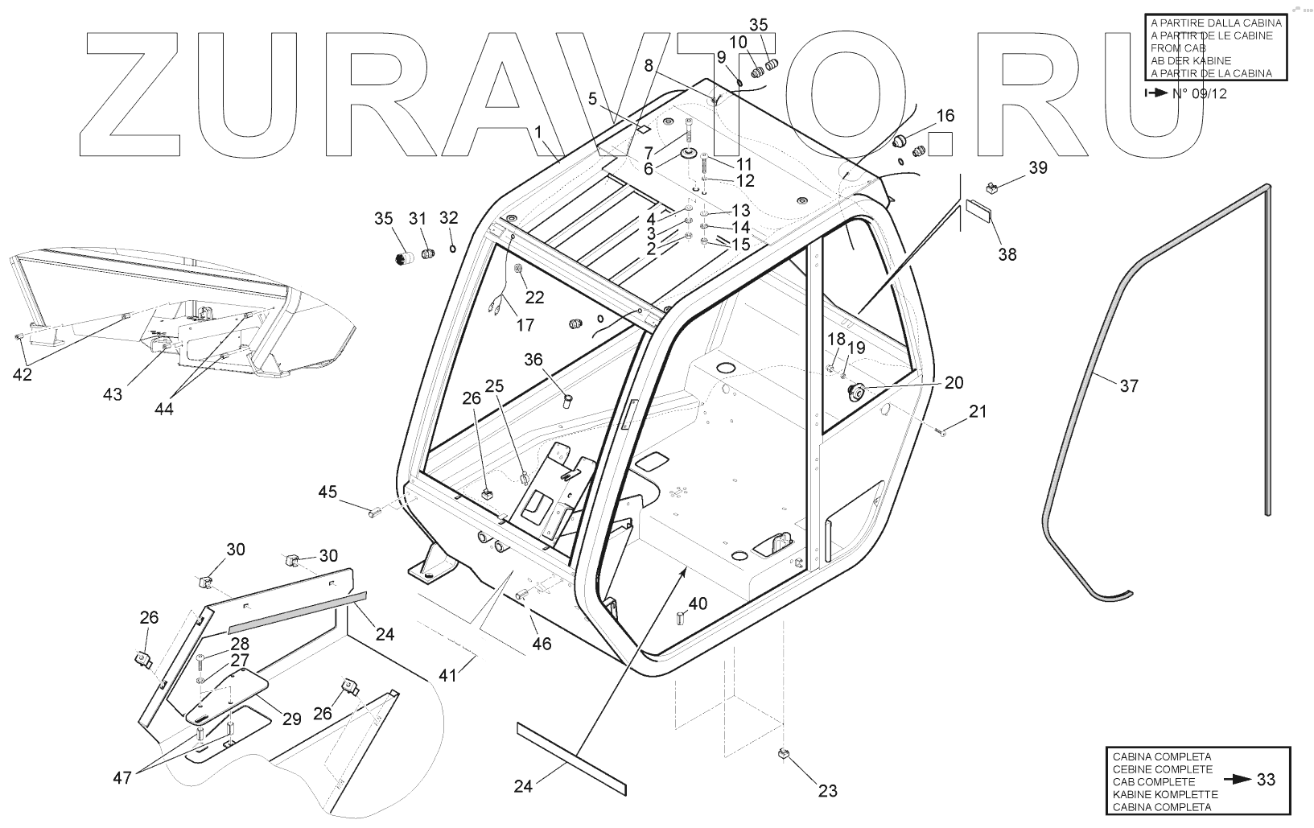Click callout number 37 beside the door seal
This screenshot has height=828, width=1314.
click(x=1129, y=386)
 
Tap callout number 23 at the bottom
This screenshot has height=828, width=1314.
click(x=827, y=791)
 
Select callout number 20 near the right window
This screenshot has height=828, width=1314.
click(x=954, y=383)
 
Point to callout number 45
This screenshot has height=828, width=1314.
click(x=327, y=492)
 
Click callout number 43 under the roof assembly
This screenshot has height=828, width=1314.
click(x=113, y=394)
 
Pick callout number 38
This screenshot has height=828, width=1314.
click(x=1007, y=254)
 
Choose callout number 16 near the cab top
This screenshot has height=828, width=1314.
click(x=945, y=116)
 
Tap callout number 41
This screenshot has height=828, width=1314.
click(x=447, y=675)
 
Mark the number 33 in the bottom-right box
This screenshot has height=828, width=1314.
click(x=1266, y=780)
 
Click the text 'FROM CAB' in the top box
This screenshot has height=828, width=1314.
click(x=1178, y=48)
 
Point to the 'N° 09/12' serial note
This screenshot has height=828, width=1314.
click(x=1199, y=93)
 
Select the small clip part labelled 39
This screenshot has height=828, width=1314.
click(x=992, y=187)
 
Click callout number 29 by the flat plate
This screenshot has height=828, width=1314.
click(x=291, y=719)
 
